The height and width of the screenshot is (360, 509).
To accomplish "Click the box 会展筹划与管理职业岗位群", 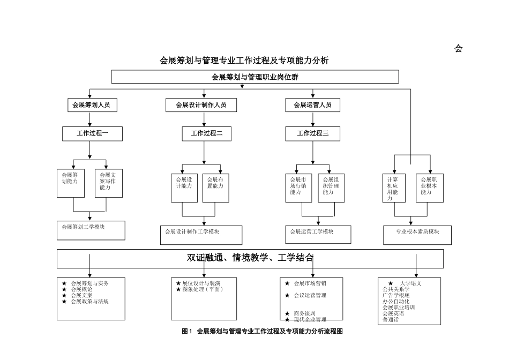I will [255, 77].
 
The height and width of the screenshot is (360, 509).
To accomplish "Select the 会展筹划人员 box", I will [92, 105].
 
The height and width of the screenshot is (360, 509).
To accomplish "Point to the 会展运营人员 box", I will [312, 105].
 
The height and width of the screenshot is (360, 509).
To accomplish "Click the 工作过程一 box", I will [92, 133].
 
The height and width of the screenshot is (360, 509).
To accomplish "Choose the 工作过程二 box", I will [206, 133].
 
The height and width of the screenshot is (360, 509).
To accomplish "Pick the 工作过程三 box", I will [313, 133].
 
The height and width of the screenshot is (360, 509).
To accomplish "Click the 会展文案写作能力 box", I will [109, 183].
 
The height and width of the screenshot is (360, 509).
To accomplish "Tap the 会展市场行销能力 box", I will [300, 187].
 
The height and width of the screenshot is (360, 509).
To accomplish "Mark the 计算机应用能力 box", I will [394, 187].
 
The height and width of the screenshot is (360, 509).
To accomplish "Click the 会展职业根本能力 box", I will [430, 187].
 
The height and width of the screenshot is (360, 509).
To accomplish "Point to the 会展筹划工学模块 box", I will [91, 230].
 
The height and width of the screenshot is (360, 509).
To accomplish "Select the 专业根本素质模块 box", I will [417, 235].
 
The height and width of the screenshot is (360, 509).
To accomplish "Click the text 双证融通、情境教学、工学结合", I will [250, 258].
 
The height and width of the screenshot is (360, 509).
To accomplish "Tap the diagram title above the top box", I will [244, 61].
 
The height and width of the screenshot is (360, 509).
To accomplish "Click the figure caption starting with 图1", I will [262, 332].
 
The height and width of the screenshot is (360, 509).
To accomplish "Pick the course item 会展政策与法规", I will [89, 302].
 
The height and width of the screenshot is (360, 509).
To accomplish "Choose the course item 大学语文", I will [410, 283].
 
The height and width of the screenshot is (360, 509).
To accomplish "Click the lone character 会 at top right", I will [458, 49].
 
